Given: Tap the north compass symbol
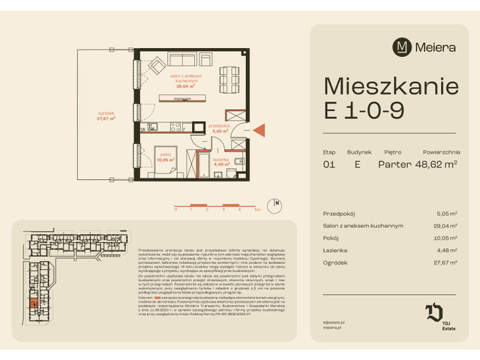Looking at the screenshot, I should click(x=276, y=202).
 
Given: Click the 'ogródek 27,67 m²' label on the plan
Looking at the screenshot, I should click(x=105, y=116).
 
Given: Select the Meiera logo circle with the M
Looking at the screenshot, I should click(x=402, y=46).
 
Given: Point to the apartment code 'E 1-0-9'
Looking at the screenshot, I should click(x=364, y=111).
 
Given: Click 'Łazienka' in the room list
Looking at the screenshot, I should click(x=337, y=250).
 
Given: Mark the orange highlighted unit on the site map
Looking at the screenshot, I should click(x=34, y=303).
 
